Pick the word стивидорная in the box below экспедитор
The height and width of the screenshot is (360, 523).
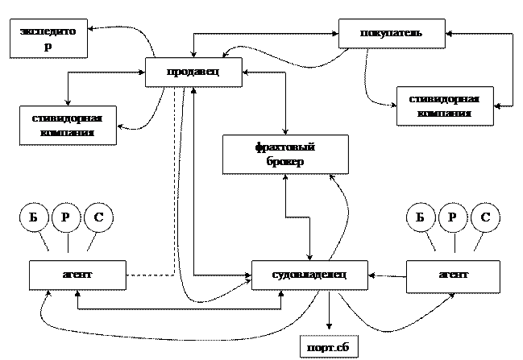67,118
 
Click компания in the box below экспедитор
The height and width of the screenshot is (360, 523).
67,132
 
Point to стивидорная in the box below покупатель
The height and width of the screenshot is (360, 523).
444,100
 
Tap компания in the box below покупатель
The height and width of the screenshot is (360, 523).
444,114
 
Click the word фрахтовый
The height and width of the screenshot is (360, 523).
284,147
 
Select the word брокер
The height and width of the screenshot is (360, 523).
284,161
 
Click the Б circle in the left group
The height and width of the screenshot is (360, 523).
34,217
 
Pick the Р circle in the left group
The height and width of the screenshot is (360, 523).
66,217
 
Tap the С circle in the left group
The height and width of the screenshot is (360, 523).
98,217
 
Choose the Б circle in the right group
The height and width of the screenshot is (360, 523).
420,217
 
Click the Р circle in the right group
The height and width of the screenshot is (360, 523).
453,217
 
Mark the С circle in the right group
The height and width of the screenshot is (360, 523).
485,217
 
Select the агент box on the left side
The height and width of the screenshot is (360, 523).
77,275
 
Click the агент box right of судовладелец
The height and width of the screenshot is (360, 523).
454,275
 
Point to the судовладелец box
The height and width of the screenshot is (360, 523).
309,275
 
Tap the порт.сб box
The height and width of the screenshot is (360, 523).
328,348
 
